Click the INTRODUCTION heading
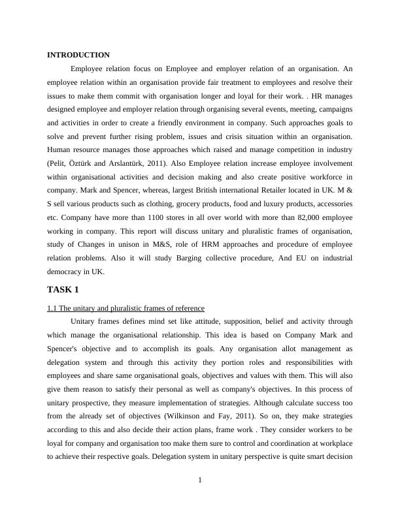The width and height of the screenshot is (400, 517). [78, 55]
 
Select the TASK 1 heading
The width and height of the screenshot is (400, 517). [63, 289]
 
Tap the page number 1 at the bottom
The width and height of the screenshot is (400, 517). [200, 481]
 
